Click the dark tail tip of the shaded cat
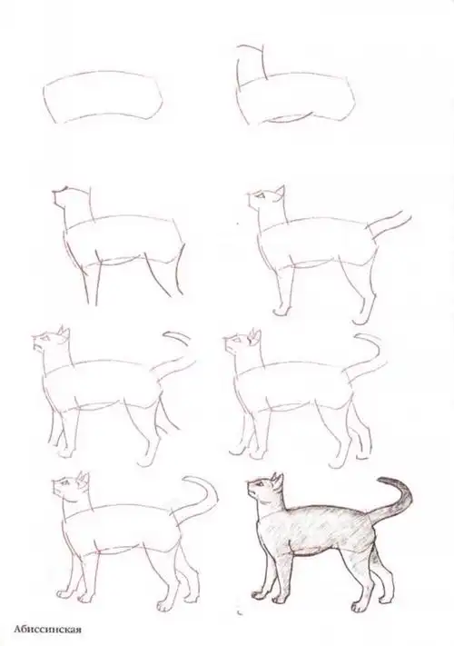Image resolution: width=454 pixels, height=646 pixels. coord(392,482)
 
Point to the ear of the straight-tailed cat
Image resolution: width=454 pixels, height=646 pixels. coord(280,192)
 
